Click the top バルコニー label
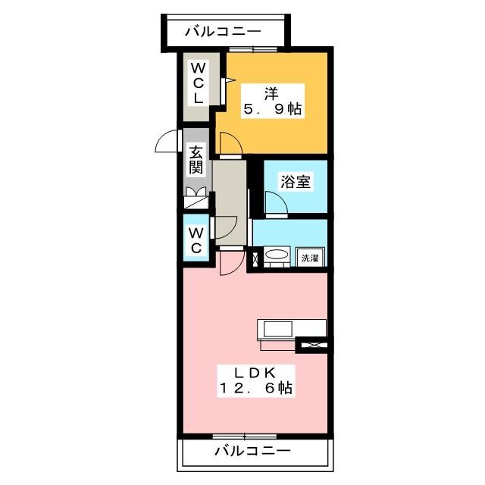pos(223,32)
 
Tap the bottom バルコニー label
pos(252,451)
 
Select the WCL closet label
pos(198,83)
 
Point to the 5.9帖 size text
pos(273,109)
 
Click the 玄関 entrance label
pos(196,161)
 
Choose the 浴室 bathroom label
pos(296,181)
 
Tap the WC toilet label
pos(196,240)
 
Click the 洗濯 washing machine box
pos(310,258)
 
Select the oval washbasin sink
pos(277,255)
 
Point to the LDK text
pos(255,373)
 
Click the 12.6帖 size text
pos(256,388)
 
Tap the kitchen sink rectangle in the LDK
pos(277,330)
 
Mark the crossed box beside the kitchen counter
pos(314,345)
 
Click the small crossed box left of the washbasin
pos(256,260)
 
